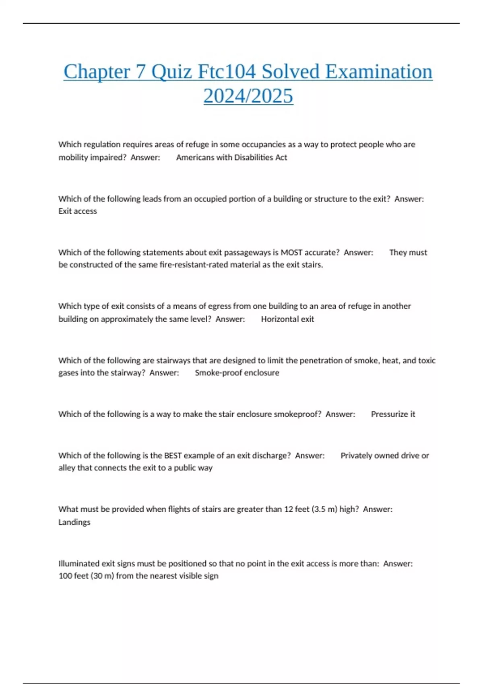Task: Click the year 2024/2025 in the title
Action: [248, 96]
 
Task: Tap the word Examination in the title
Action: [378, 72]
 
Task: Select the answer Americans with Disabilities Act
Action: [231, 157]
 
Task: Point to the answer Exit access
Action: [78, 211]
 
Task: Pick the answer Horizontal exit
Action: [287, 319]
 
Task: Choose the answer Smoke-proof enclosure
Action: [237, 373]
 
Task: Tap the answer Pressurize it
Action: [393, 414]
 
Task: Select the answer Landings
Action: [74, 522]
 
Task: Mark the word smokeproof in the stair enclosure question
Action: [297, 414]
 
